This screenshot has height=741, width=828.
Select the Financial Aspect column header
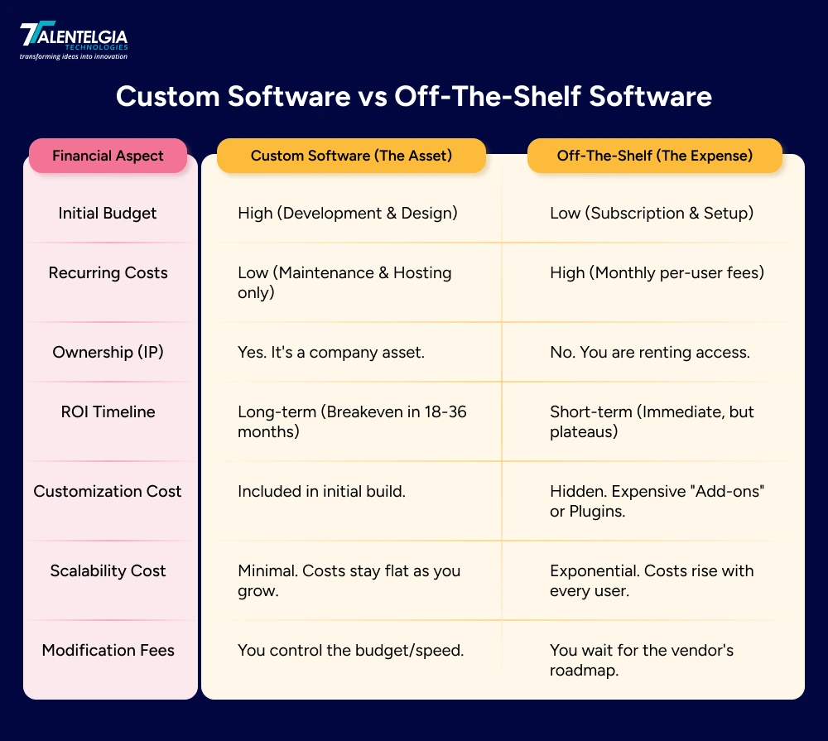tap(108, 156)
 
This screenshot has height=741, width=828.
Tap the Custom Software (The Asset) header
tap(351, 156)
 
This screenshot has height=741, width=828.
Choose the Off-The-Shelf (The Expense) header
tap(654, 156)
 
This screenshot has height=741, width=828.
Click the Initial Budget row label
tap(108, 213)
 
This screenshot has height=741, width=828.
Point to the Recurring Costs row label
tap(108, 272)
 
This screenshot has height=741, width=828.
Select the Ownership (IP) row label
tap(108, 352)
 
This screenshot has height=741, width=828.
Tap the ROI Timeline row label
tap(108, 411)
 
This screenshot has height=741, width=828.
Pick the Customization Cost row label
tap(108, 491)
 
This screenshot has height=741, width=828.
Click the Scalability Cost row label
tap(108, 570)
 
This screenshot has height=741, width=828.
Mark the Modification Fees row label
tap(108, 650)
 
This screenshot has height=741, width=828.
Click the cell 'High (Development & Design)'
tap(347, 213)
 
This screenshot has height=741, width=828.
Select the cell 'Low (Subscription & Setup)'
tap(651, 213)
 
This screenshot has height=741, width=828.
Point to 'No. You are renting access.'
tap(649, 352)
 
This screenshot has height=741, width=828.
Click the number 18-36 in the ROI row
tap(445, 411)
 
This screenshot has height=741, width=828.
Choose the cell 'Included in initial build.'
tap(321, 491)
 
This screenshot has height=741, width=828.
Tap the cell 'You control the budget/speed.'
tap(350, 650)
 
